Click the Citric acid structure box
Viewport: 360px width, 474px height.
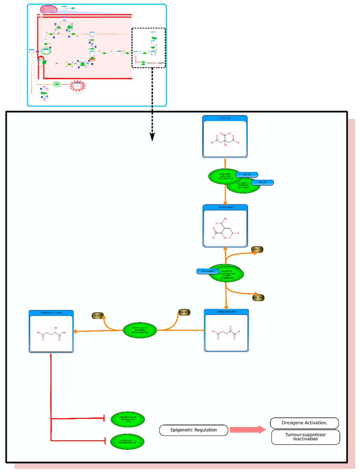click(x=225, y=137)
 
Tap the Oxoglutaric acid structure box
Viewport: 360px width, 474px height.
click(x=226, y=330)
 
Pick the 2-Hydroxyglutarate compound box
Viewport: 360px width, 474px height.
click(x=51, y=331)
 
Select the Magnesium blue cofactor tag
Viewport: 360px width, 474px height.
click(x=207, y=271)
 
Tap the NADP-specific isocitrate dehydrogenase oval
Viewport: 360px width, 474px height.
click(x=140, y=330)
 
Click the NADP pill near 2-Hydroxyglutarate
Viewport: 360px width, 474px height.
click(x=98, y=316)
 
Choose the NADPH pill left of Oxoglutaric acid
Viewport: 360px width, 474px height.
click(x=184, y=312)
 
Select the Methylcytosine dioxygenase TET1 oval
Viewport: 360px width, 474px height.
click(x=128, y=419)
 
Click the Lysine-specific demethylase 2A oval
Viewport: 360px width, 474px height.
click(x=127, y=442)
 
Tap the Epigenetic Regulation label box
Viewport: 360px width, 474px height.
click(x=194, y=430)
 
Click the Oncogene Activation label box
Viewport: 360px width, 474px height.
click(x=304, y=423)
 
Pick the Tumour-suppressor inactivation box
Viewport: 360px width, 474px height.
click(x=306, y=437)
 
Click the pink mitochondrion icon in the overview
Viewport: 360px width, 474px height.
click(x=49, y=9)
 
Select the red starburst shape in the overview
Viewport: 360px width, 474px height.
click(x=77, y=86)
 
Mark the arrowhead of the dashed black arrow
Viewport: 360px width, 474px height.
click(x=152, y=137)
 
